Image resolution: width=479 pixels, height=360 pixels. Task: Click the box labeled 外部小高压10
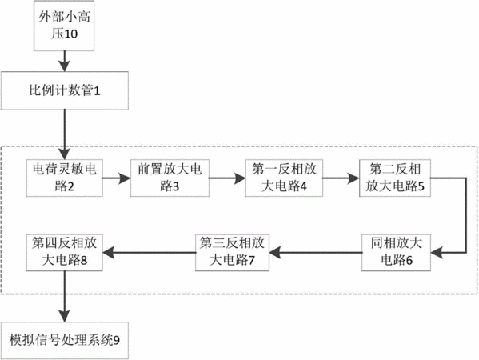(64, 26)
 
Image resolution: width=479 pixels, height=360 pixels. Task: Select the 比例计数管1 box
(65, 90)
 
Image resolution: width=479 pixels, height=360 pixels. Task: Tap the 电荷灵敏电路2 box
(65, 178)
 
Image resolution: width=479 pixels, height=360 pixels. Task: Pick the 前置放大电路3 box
(170, 178)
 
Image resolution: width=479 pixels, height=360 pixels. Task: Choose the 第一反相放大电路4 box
(284, 178)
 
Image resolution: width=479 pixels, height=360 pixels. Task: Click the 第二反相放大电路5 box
(395, 178)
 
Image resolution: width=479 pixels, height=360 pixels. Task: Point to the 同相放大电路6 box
(396, 253)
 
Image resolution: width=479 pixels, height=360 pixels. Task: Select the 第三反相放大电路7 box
(232, 253)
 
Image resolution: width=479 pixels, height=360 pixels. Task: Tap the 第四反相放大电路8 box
(65, 253)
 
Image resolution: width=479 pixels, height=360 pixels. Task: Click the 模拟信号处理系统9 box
(65, 341)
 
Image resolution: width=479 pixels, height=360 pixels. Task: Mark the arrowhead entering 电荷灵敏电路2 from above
(65, 154)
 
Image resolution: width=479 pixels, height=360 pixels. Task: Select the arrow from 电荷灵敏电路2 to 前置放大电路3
(117, 178)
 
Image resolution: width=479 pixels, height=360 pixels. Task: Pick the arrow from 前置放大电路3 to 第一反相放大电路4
(227, 178)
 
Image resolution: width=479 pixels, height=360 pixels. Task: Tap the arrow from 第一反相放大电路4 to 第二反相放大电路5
(341, 178)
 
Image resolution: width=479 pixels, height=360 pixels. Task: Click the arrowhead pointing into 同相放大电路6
(437, 253)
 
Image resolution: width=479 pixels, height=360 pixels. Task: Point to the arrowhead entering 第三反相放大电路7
(275, 253)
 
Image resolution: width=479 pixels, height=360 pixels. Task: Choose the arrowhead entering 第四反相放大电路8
(109, 253)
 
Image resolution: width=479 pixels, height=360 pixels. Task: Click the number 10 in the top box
(71, 34)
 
